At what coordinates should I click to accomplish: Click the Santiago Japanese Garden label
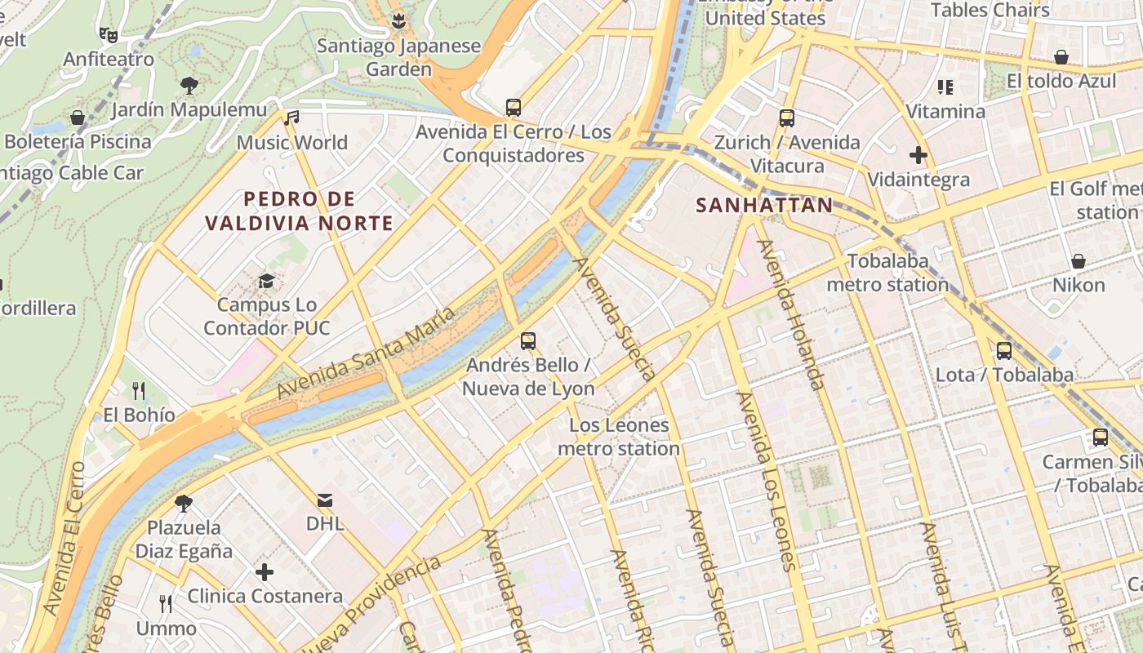(398, 57)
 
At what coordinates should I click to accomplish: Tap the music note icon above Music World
(291, 118)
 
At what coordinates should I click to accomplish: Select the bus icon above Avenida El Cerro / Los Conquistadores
(514, 107)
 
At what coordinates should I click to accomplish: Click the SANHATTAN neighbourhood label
(764, 205)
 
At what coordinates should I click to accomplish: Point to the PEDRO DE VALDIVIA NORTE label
(300, 211)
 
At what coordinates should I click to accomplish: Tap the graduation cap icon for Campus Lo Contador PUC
(266, 282)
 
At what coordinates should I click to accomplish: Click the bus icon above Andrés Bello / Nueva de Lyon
(528, 340)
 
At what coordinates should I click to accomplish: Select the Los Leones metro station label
(619, 437)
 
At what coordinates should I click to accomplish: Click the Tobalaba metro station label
(887, 273)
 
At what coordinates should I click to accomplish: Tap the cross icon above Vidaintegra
(918, 154)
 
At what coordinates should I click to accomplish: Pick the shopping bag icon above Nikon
(1079, 261)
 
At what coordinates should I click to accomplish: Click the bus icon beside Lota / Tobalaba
(1004, 351)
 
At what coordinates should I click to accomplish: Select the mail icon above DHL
(325, 500)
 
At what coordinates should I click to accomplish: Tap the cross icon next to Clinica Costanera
(265, 572)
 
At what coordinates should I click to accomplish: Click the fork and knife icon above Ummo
(166, 604)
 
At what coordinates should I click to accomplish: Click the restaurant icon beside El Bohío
(139, 391)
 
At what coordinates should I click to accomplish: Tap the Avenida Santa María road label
(366, 353)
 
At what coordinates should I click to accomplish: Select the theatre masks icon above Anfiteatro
(108, 34)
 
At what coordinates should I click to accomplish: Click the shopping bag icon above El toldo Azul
(1061, 57)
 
